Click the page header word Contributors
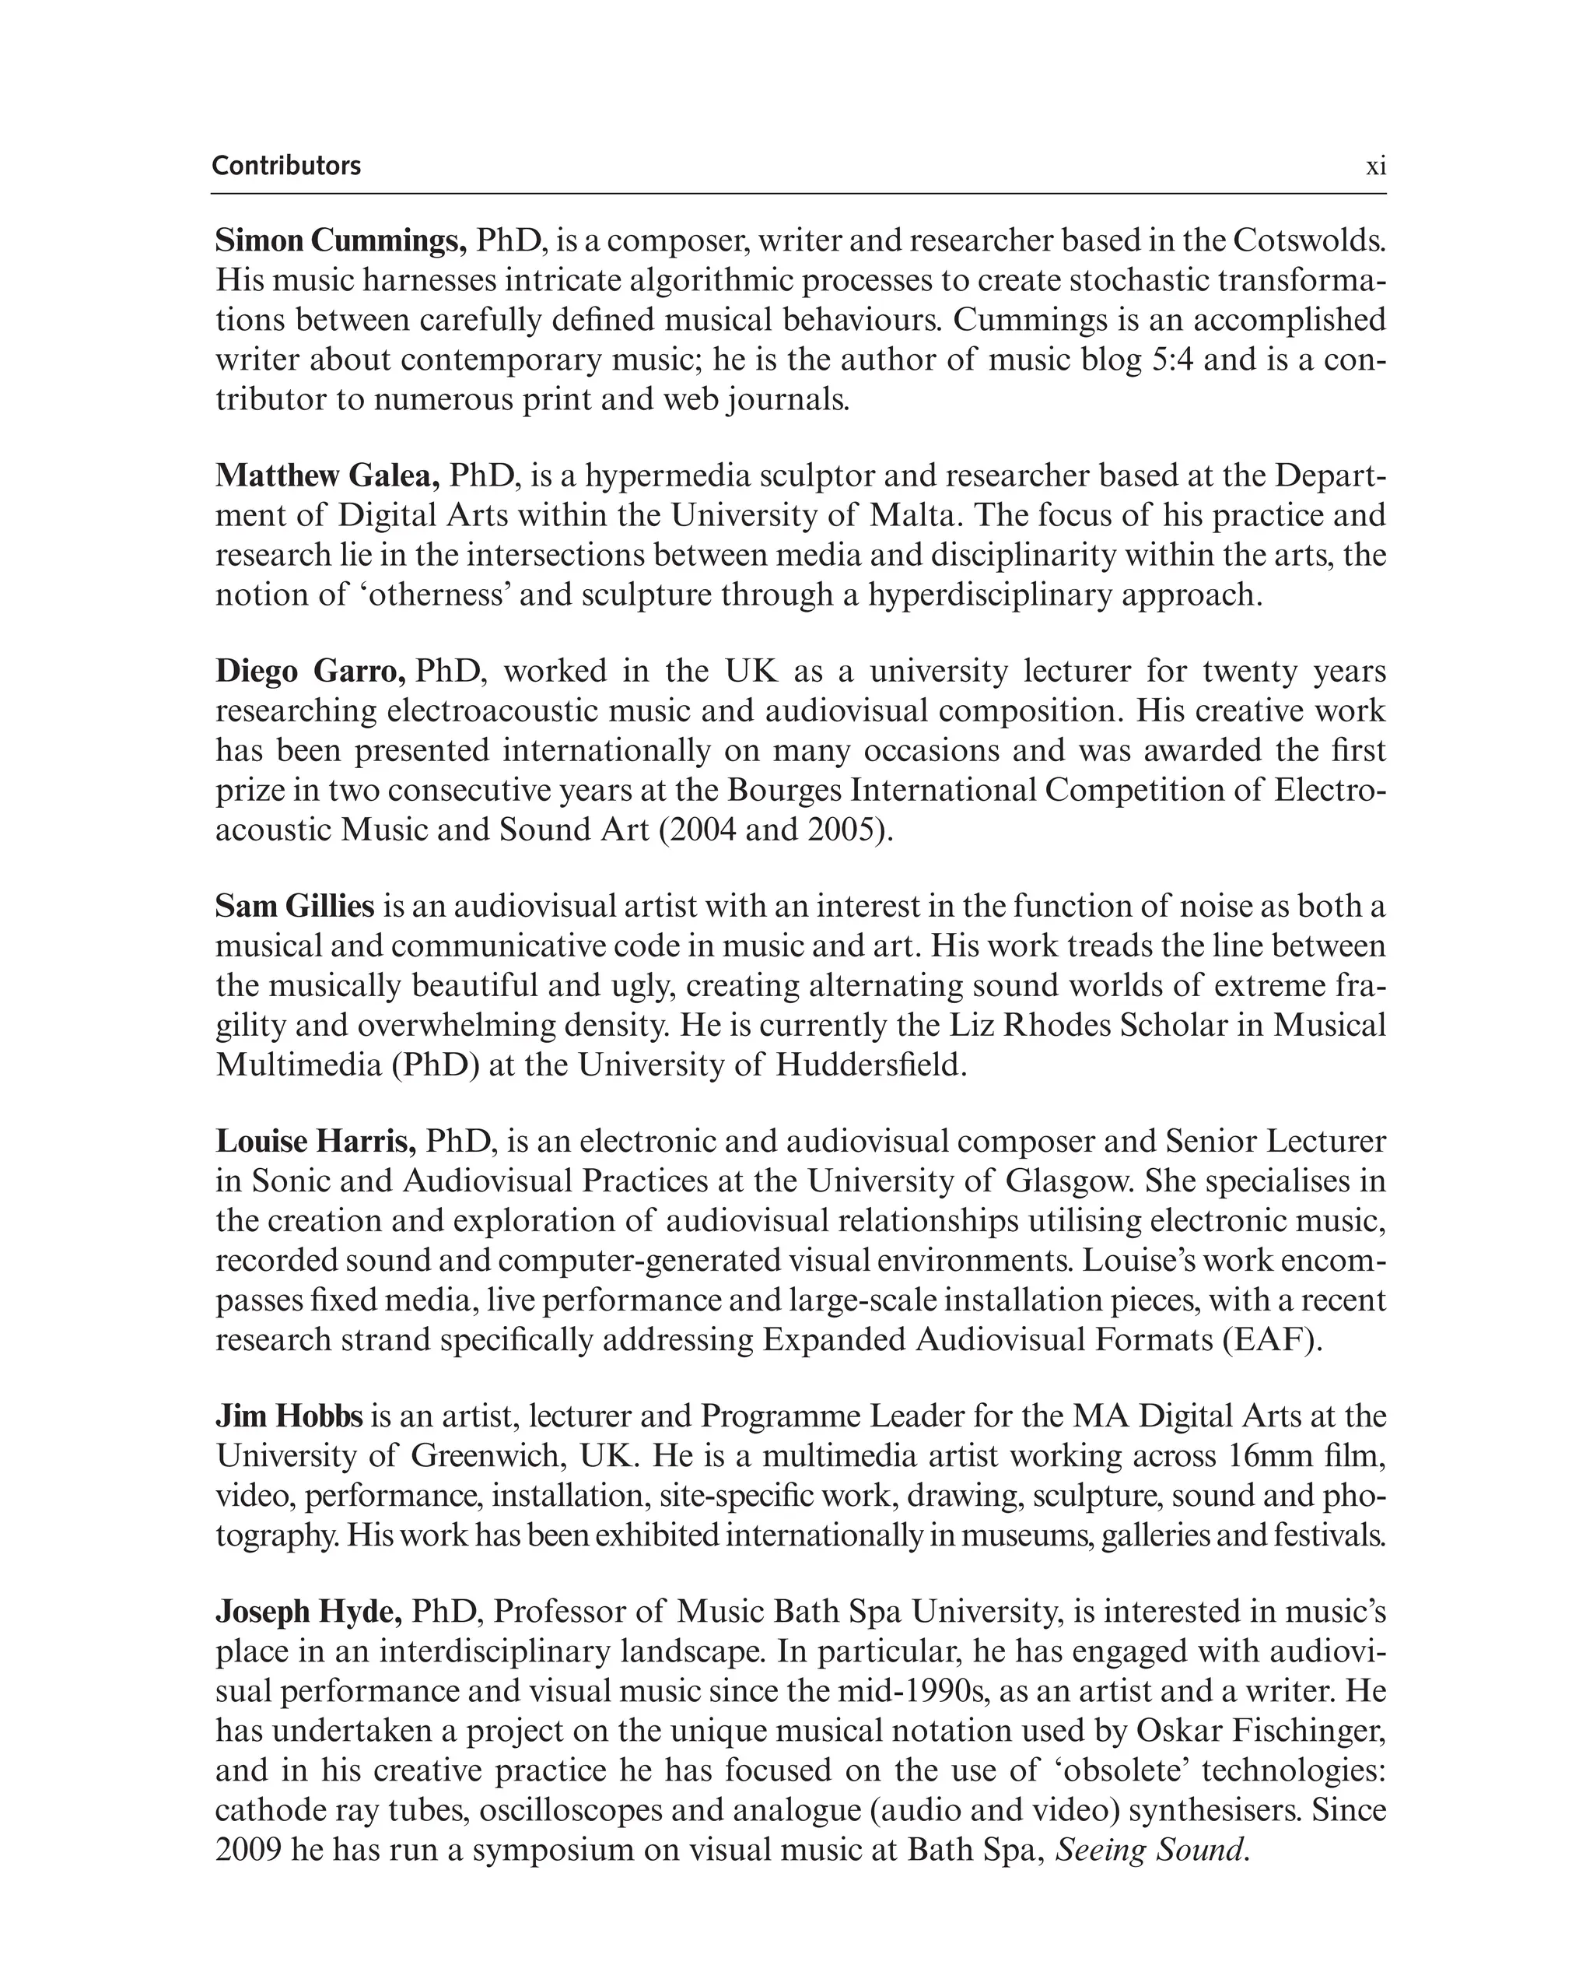(x=286, y=166)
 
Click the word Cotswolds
(x=1308, y=240)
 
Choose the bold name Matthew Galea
(x=327, y=475)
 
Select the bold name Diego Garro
(x=310, y=671)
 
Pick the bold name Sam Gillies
(x=295, y=906)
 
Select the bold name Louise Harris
(x=316, y=1141)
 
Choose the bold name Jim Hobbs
(x=289, y=1416)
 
